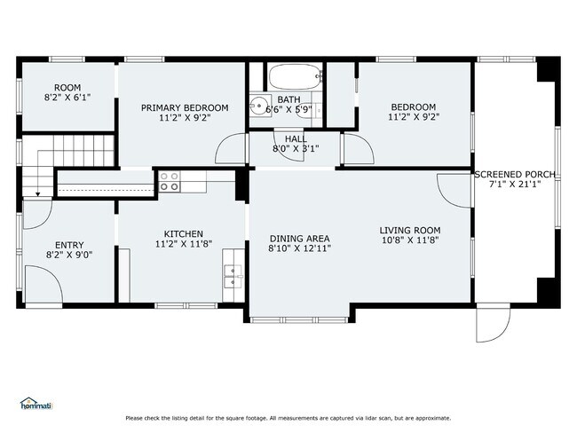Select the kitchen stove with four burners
pos(169,182)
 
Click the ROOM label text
pos(67,88)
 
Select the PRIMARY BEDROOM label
pos(185,108)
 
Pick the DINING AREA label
pos(299,239)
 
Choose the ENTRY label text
pos(68,246)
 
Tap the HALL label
pos(296,139)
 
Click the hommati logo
pos(36,405)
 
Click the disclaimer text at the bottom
pos(288,418)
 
